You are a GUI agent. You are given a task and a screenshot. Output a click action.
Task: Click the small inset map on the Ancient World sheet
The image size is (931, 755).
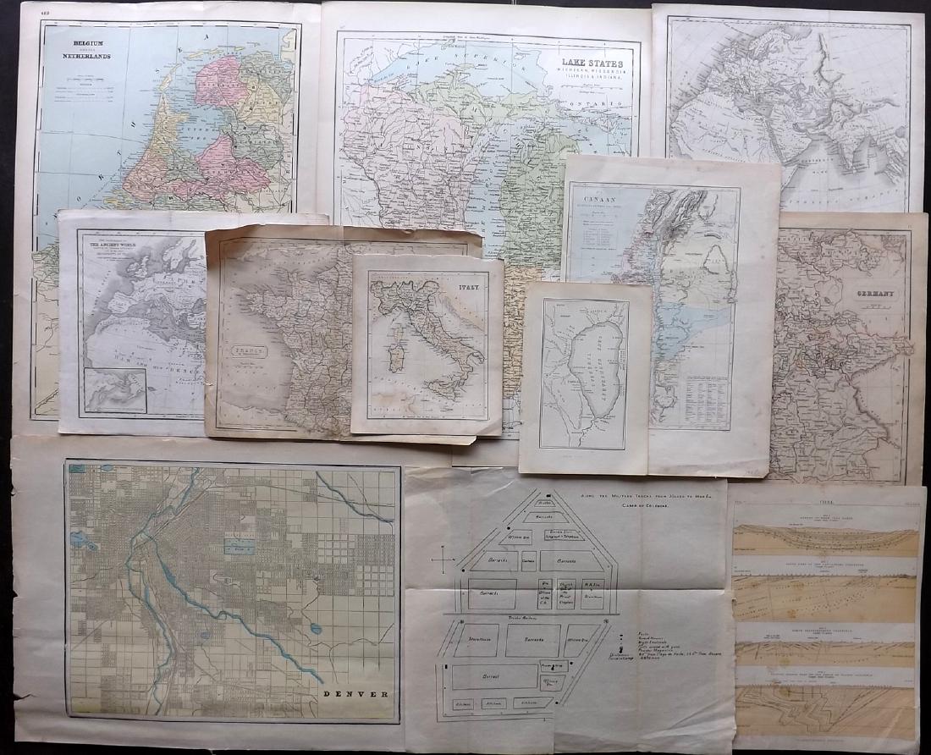[x=116, y=390]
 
